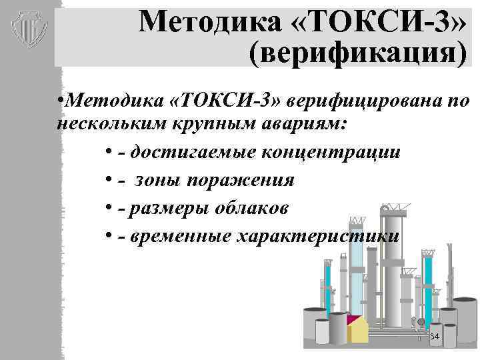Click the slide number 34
click(x=435, y=337)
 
